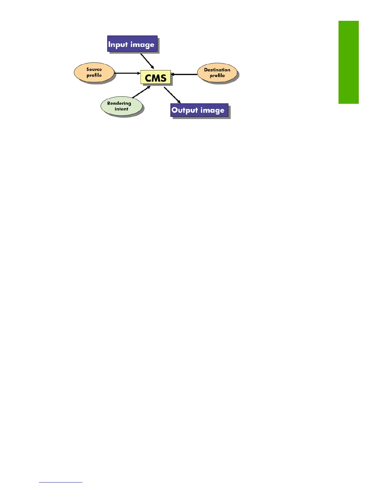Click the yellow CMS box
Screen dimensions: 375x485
pyautogui.click(x=156, y=77)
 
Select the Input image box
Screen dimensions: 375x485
pyautogui.click(x=132, y=44)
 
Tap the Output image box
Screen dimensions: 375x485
pyautogui.click(x=199, y=110)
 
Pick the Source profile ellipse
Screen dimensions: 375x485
pyautogui.click(x=94, y=73)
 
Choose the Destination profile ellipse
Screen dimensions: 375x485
pyautogui.click(x=217, y=73)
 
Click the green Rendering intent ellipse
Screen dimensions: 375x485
pyautogui.click(x=121, y=106)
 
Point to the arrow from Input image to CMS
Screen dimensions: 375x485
pyautogui.click(x=147, y=61)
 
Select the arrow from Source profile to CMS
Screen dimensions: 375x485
pyautogui.click(x=127, y=73)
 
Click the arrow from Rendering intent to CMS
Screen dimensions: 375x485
pyautogui.click(x=141, y=92)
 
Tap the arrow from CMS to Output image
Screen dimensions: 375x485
pyautogui.click(x=172, y=95)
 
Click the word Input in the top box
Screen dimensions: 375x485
pyautogui.click(x=118, y=45)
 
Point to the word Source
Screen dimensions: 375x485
pyautogui.click(x=94, y=70)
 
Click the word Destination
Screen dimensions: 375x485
pyautogui.click(x=217, y=70)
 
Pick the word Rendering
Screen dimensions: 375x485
pyautogui.click(x=119, y=103)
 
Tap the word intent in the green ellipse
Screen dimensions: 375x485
pyautogui.click(x=121, y=109)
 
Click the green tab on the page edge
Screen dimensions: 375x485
pyautogui.click(x=348, y=62)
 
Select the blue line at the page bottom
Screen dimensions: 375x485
pyautogui.click(x=61, y=482)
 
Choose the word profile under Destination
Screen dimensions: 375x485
pyautogui.click(x=217, y=76)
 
